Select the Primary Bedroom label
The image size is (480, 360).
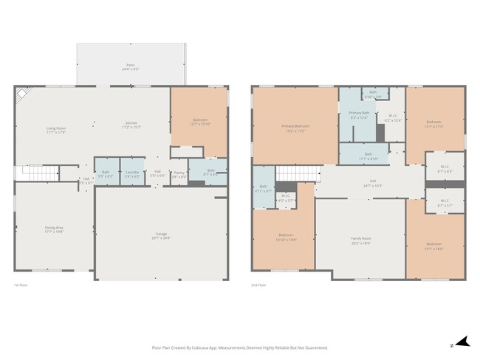[295, 126]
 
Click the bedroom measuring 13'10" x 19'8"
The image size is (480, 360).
[286, 237]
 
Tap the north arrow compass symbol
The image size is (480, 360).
[461, 341]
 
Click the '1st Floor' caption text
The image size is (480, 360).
[22, 284]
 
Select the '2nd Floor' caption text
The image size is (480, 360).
[258, 284]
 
